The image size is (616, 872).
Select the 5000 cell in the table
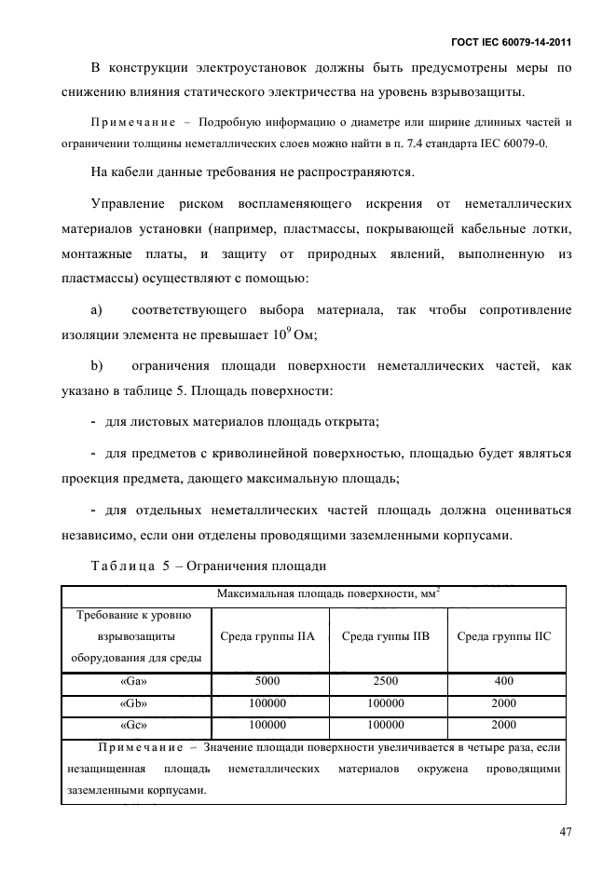pos(267,681)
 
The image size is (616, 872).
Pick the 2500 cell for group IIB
pos(386,681)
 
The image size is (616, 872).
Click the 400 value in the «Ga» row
pos(504,681)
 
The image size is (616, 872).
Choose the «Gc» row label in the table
pos(136,724)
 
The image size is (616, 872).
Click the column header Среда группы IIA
pos(267,637)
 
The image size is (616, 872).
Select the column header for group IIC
pos(504,637)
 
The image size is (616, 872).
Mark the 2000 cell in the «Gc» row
pos(504,724)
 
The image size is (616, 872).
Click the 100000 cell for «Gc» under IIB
pos(386,724)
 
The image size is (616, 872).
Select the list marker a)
pos(95,309)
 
